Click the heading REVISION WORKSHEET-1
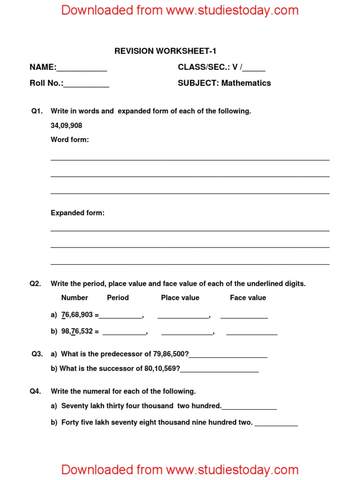(x=165, y=51)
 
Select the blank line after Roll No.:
(x=86, y=85)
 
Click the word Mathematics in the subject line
(x=246, y=83)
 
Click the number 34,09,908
(x=67, y=125)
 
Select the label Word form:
(x=69, y=140)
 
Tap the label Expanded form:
(x=77, y=213)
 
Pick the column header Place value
(x=180, y=298)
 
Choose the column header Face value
(x=247, y=298)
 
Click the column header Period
(x=118, y=298)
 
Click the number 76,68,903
(x=77, y=315)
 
